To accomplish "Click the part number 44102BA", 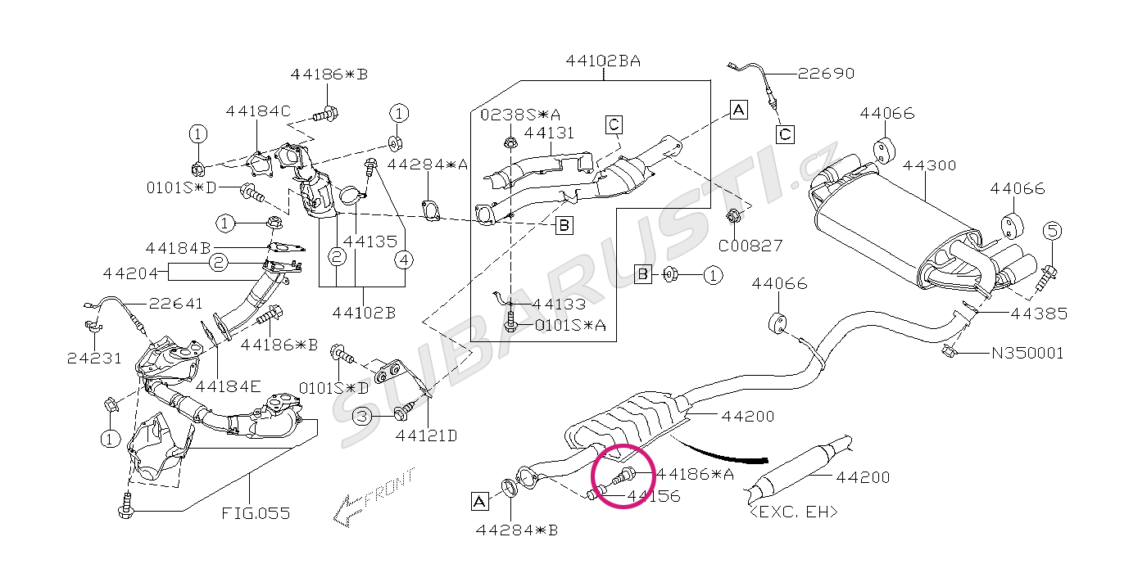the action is click(603, 61).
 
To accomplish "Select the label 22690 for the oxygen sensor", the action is click(826, 74).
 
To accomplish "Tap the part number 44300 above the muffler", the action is click(929, 165).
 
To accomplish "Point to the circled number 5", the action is click(1052, 231).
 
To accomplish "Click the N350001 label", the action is click(1027, 353).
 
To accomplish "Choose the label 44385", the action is click(1039, 314).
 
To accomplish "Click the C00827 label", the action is click(750, 246).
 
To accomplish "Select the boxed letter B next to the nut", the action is click(642, 275).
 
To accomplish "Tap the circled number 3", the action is click(362, 416).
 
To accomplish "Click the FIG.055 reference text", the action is click(256, 513).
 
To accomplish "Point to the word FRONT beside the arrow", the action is click(389, 487).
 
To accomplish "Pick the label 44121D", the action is click(426, 435).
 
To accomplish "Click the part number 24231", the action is click(95, 359).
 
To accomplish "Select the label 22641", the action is click(175, 304).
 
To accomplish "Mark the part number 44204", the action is click(130, 273).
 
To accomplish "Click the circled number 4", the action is click(404, 260).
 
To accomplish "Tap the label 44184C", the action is click(258, 111).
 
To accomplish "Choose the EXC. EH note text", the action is click(794, 512).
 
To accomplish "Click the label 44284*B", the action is click(517, 530).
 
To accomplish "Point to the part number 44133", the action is click(559, 305).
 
